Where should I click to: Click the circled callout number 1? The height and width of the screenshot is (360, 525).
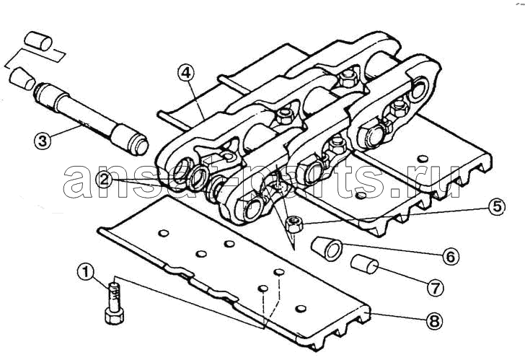tap(87, 272)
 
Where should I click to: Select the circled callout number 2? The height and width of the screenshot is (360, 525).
tap(104, 180)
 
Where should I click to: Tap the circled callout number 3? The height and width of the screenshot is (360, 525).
tap(43, 140)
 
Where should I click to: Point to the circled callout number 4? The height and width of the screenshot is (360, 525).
tap(186, 73)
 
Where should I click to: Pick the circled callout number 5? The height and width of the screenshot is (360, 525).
tap(497, 207)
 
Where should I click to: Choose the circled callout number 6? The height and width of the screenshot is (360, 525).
tap(450, 257)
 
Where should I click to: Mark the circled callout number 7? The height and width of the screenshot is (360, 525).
tap(435, 288)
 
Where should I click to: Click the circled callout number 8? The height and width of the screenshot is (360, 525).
tap(433, 322)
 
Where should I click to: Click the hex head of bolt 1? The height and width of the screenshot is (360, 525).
tap(114, 315)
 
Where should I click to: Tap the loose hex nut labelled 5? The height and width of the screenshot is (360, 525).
tap(295, 224)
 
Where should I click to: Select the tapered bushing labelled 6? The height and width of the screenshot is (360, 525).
tap(327, 248)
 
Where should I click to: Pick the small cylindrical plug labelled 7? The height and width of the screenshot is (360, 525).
tap(365, 264)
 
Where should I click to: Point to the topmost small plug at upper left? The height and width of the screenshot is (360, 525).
tap(38, 41)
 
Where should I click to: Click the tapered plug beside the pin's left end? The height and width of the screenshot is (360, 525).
tap(22, 79)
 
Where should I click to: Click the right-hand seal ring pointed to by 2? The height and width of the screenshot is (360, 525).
tap(198, 177)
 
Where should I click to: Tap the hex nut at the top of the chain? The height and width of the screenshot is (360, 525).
tap(348, 80)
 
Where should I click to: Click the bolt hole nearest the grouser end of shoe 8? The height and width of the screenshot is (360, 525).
tap(301, 309)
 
